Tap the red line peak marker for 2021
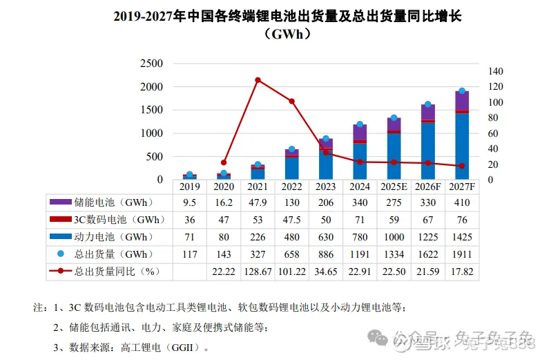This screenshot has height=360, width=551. [258, 80]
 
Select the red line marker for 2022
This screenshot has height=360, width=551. [291, 102]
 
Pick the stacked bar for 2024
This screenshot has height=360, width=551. [360, 152]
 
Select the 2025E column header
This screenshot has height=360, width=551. [394, 187]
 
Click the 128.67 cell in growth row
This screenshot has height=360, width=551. [258, 271]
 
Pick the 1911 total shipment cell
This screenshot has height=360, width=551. [462, 254]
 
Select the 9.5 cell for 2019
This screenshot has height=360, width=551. [189, 203]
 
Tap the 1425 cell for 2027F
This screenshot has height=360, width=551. [462, 237]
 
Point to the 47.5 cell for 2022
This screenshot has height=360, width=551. [291, 220]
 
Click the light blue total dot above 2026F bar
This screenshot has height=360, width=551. [428, 104]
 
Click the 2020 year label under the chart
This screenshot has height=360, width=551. [224, 187]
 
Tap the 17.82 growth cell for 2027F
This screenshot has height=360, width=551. [462, 271]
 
